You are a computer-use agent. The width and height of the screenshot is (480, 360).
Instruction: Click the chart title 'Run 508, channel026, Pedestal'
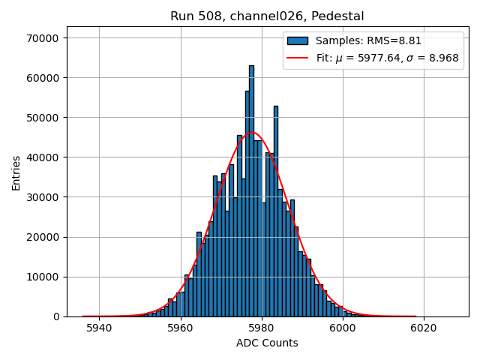(267, 16)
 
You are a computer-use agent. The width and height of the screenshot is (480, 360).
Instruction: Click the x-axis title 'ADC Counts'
(267, 343)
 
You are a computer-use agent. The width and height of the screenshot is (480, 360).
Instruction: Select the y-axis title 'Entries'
(16, 172)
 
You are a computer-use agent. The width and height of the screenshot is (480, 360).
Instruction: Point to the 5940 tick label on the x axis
(99, 328)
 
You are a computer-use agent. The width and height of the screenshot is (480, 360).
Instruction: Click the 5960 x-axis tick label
(180, 328)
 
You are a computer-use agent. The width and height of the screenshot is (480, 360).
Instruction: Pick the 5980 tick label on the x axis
(261, 328)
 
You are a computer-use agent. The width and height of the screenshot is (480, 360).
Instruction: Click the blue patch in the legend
(298, 40)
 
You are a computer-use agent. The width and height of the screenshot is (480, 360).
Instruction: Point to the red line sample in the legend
(298, 57)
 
